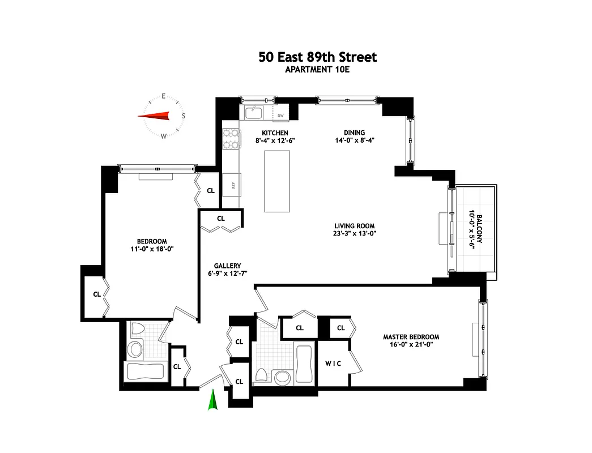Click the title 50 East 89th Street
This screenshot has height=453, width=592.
317,57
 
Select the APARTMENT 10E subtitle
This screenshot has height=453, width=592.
317,70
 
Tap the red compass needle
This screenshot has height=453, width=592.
154,116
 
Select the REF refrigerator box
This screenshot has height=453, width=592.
232,184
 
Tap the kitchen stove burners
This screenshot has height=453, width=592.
231,139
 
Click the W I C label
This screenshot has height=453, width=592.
333,363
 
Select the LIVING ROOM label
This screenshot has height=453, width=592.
355,225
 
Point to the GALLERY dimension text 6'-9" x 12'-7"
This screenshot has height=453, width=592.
228,273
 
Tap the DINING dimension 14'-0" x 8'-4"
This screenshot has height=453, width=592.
354,140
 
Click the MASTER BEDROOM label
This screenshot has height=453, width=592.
411,337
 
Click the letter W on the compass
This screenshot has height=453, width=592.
164,136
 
